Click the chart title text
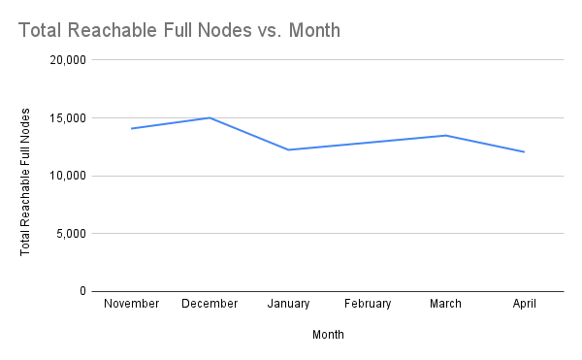(179, 30)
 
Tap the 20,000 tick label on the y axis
(68, 60)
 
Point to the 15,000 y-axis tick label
(68, 118)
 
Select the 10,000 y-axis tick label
(68, 176)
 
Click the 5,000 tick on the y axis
(71, 234)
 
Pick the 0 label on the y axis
(83, 291)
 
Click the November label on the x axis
(131, 304)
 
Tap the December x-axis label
(210, 304)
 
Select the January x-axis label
(288, 304)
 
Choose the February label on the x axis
(367, 304)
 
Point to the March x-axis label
(445, 304)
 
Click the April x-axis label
(524, 304)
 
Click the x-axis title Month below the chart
(328, 335)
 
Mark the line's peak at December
(210, 117)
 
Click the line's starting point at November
(131, 128)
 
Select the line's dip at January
(288, 149)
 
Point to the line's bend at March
(445, 135)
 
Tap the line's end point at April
(524, 151)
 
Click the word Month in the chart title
(312, 30)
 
